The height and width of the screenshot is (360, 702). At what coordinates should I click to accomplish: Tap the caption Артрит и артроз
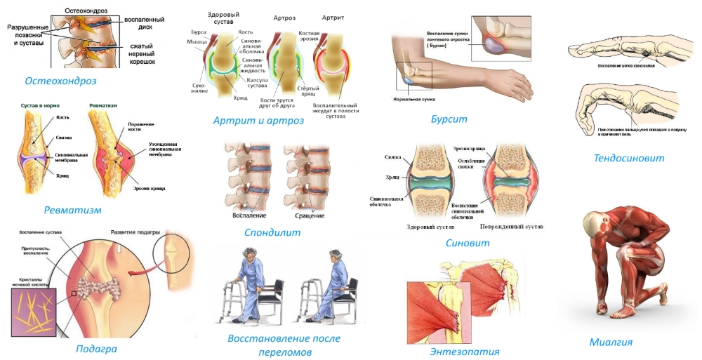coord(258,121)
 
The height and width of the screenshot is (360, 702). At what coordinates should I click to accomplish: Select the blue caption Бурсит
coord(449,119)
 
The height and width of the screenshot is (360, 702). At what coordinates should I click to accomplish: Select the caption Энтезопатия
coord(464,352)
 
